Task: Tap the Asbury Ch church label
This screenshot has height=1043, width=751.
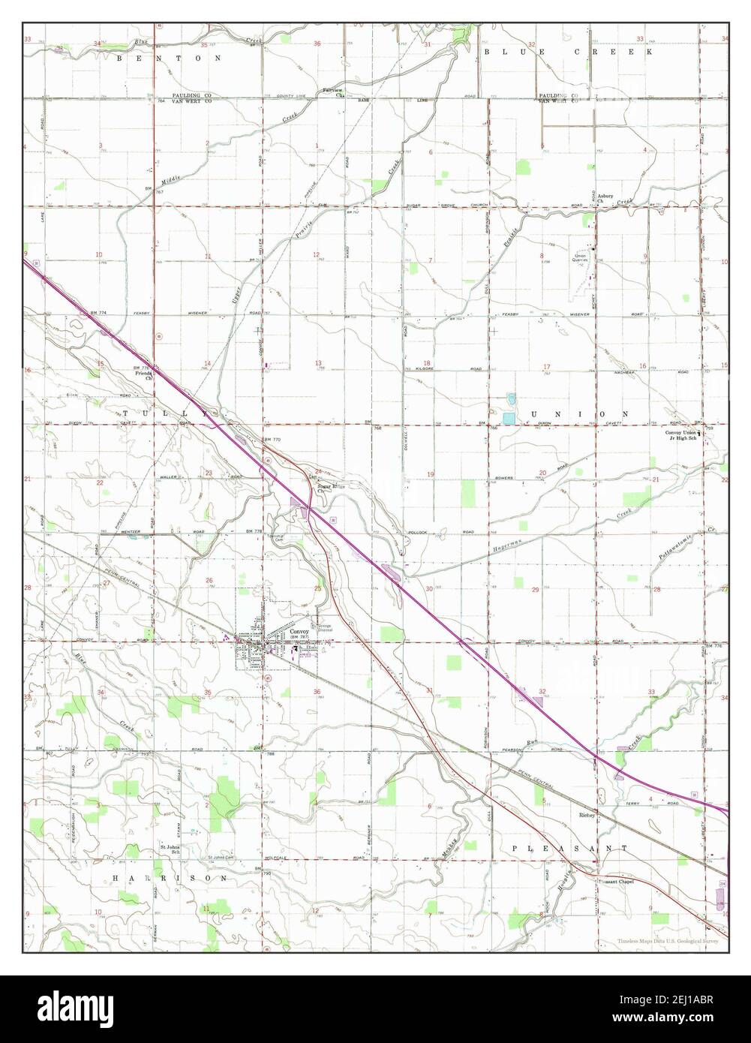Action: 605,198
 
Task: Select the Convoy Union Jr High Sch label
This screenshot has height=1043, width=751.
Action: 683,435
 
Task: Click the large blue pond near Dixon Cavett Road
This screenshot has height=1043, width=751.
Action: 509,417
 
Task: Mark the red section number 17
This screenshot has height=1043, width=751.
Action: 546,366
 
